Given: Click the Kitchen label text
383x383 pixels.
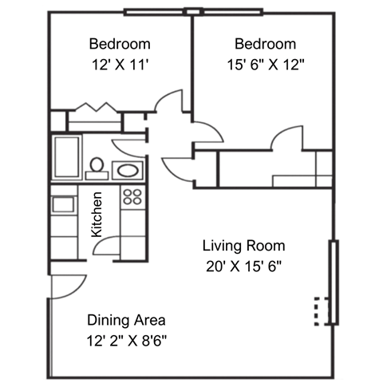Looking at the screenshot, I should pyautogui.click(x=97, y=214).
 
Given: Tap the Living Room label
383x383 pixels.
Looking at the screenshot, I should pyautogui.click(x=243, y=246).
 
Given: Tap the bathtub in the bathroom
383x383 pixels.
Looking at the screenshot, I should pyautogui.click(x=66, y=156).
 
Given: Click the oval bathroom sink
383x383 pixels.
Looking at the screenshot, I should pyautogui.click(x=127, y=169).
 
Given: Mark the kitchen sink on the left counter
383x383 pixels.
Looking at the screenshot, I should pyautogui.click(x=62, y=203).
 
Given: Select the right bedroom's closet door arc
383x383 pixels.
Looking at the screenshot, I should pyautogui.click(x=285, y=139).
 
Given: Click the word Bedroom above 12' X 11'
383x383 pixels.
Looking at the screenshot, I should pyautogui.click(x=120, y=44).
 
